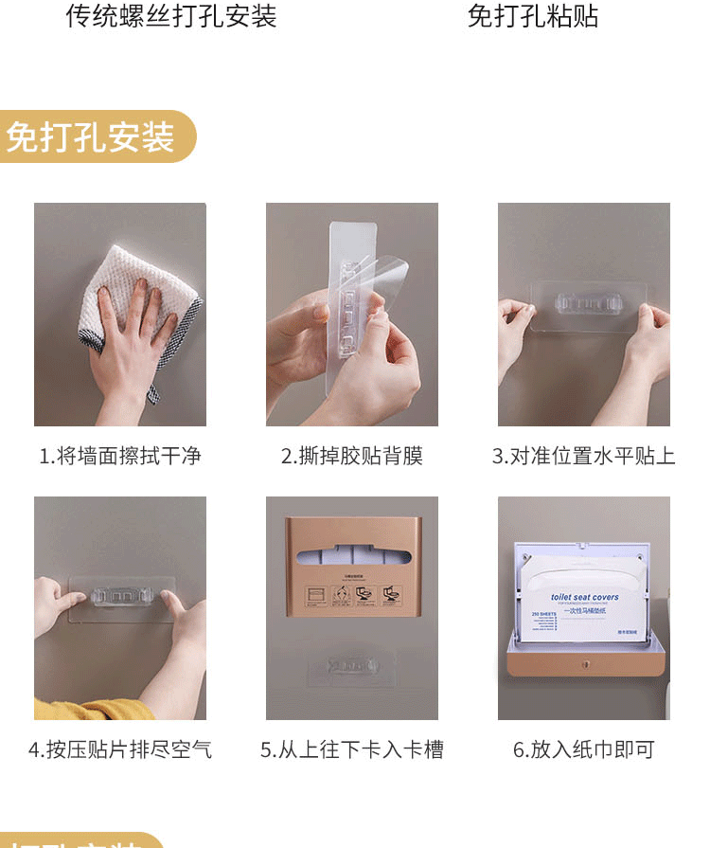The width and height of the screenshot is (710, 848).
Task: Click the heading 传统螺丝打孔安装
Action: [x=170, y=16]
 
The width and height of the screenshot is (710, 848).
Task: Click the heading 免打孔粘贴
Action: [x=533, y=16]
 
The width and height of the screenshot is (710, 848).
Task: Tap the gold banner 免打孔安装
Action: [x=95, y=136]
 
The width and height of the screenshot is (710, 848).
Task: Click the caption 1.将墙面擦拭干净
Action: [x=120, y=456]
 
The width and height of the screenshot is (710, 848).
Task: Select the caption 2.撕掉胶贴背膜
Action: [x=351, y=456]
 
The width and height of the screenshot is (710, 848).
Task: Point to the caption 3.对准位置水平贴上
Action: [x=583, y=456]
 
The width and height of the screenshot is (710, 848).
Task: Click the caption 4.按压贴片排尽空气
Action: [x=120, y=749]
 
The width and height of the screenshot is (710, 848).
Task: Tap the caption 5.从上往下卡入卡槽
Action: [x=351, y=749]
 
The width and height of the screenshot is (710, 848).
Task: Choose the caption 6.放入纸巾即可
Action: [x=583, y=749]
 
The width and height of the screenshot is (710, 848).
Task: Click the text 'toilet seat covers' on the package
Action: [x=584, y=596]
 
